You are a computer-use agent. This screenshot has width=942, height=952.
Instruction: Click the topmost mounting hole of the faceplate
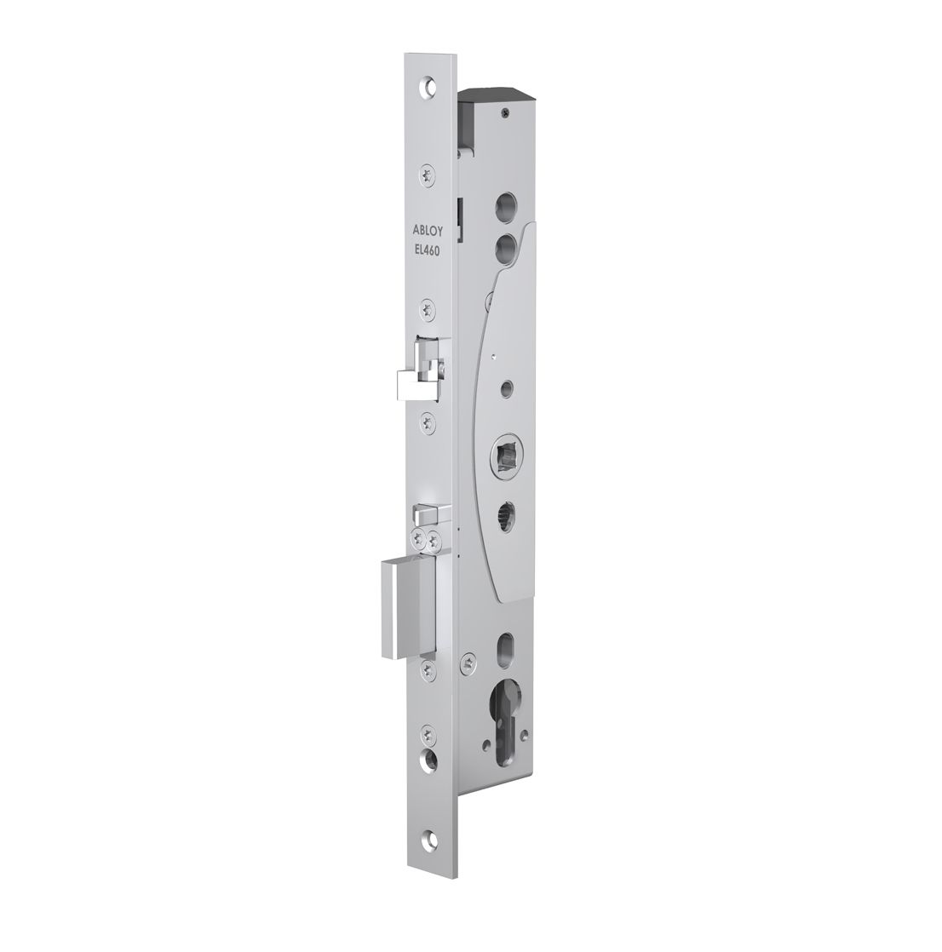point(428,86)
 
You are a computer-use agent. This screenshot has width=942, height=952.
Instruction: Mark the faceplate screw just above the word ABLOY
point(427,175)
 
